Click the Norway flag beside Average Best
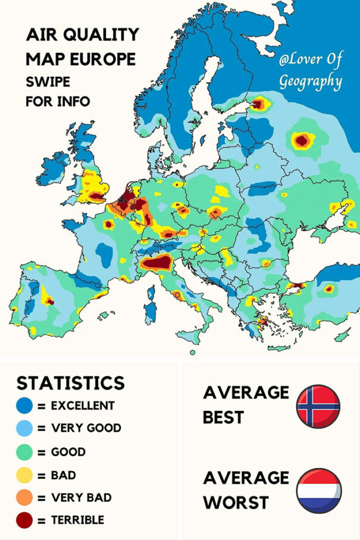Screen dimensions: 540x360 click(x=318, y=406)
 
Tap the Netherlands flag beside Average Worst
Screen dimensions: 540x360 click(x=318, y=491)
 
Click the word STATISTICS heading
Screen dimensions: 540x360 click(x=70, y=382)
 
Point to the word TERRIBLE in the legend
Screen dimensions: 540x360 click(x=77, y=520)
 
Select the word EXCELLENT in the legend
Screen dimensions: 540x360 click(x=83, y=406)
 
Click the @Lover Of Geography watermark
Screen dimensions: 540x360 click(x=311, y=70)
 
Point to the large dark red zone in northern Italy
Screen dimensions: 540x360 click(x=156, y=262)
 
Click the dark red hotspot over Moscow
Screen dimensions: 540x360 click(x=302, y=140)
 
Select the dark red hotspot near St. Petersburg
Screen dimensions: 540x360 click(x=258, y=104)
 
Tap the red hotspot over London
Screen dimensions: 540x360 click(x=102, y=194)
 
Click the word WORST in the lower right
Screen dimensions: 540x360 click(x=236, y=503)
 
